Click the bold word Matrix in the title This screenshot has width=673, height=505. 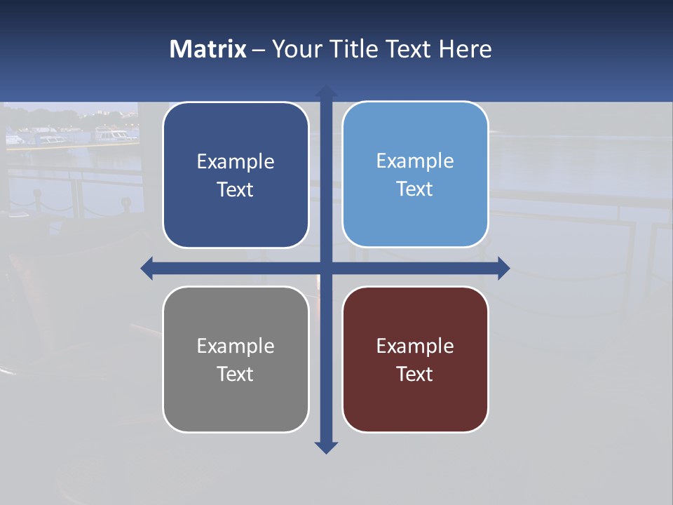(208, 49)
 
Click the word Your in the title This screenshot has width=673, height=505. (297, 49)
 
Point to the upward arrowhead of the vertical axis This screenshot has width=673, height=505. (326, 91)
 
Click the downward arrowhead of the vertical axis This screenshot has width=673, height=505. (326, 447)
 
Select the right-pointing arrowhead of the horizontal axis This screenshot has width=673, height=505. (503, 268)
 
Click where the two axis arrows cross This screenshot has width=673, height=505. (326, 268)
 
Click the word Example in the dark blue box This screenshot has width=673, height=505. (236, 161)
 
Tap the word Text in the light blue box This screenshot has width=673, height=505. (415, 189)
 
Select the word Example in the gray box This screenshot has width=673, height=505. (236, 346)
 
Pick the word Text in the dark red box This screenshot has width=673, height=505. (415, 374)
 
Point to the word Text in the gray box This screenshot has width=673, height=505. (236, 374)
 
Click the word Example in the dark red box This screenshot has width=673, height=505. (415, 346)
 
